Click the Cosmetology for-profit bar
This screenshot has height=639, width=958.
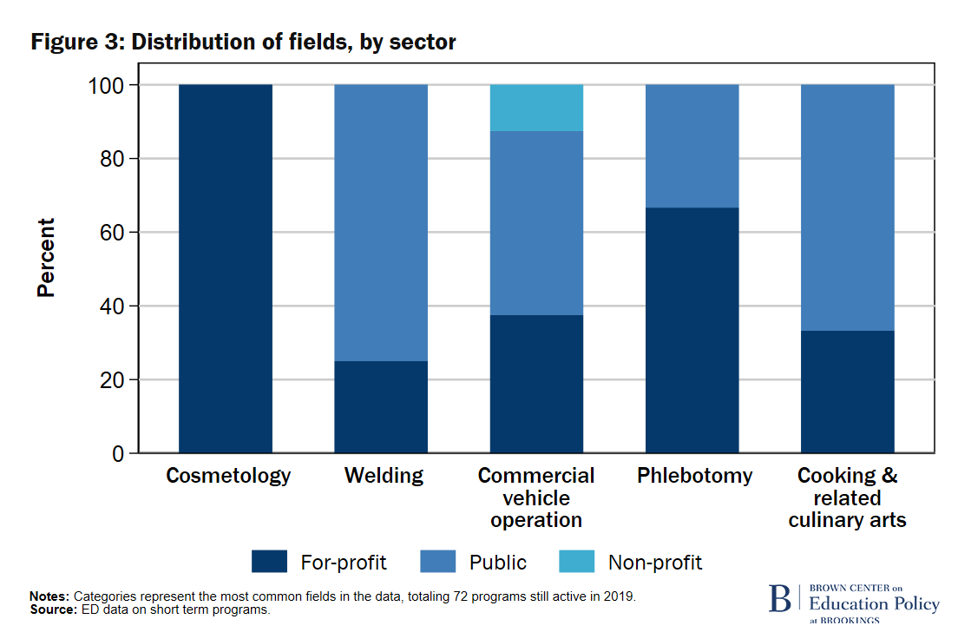(226, 269)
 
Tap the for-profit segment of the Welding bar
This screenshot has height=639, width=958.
(381, 407)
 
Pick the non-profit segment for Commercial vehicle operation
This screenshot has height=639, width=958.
(536, 108)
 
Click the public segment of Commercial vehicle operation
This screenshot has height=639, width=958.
(536, 223)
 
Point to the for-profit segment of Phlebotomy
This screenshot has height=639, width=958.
(692, 331)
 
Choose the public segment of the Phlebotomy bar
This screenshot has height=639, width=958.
(692, 146)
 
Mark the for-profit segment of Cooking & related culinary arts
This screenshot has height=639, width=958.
(848, 392)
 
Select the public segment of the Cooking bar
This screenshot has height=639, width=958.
(848, 208)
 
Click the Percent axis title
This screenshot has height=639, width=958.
(46, 258)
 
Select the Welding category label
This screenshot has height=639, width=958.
(384, 476)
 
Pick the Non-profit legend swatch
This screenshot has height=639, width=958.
(577, 562)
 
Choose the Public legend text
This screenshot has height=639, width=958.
(498, 563)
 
